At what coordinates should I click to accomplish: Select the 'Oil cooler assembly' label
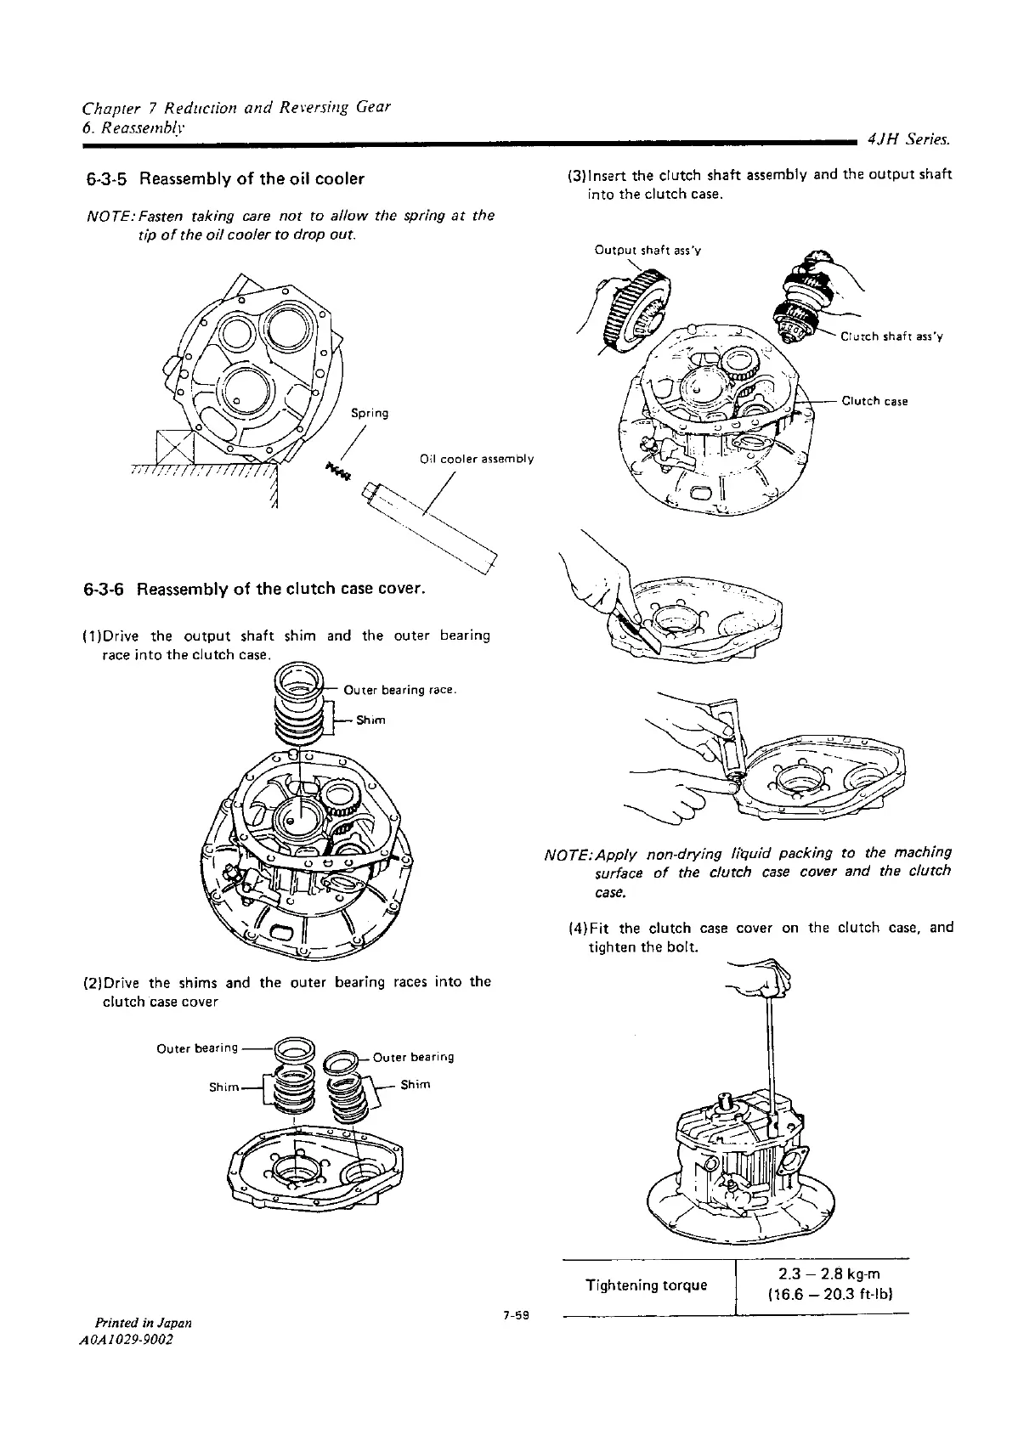tap(477, 460)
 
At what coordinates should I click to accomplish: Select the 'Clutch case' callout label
tap(874, 401)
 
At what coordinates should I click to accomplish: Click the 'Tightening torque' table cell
tap(647, 1285)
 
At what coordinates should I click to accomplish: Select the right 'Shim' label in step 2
tap(416, 1085)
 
